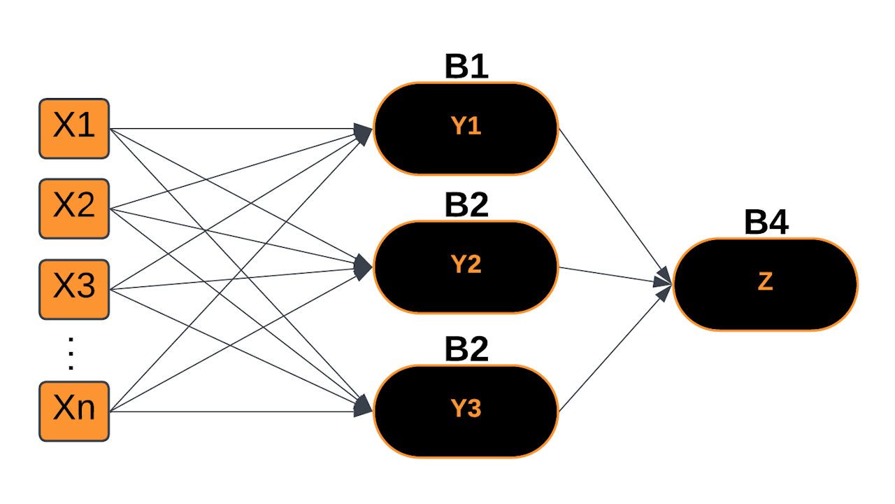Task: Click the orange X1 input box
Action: pos(74,128)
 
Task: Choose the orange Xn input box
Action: pos(74,411)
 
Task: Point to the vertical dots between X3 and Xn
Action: pos(70,353)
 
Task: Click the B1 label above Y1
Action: pos(466,67)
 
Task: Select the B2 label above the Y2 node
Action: pos(466,205)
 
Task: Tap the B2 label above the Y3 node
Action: pos(466,349)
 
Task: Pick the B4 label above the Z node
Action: pos(766,223)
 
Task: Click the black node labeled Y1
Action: pos(466,128)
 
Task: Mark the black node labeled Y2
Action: pos(466,267)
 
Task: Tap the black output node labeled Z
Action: pos(765,283)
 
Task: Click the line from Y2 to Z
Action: pos(608,274)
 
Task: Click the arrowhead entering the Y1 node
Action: pos(364,131)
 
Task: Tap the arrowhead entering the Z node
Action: pos(663,283)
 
